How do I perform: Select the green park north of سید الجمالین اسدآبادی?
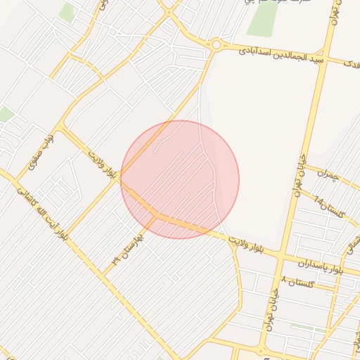262,19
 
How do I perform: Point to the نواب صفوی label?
41,155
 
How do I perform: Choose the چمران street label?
328,172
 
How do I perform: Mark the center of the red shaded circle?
180,179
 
